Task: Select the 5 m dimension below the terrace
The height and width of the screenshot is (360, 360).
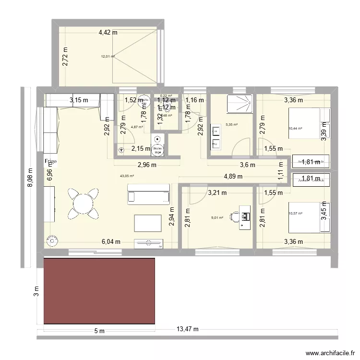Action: [99, 331]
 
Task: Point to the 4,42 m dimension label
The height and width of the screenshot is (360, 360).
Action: [108, 33]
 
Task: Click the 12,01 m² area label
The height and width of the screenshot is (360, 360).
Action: [108, 56]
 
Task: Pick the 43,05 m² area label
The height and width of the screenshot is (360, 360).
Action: [127, 176]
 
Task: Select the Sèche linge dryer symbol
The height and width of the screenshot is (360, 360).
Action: [157, 149]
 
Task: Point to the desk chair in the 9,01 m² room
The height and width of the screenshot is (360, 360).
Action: [235, 216]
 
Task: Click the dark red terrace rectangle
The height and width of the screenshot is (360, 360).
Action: [99, 291]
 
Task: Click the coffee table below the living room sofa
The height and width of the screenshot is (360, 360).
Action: [148, 223]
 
